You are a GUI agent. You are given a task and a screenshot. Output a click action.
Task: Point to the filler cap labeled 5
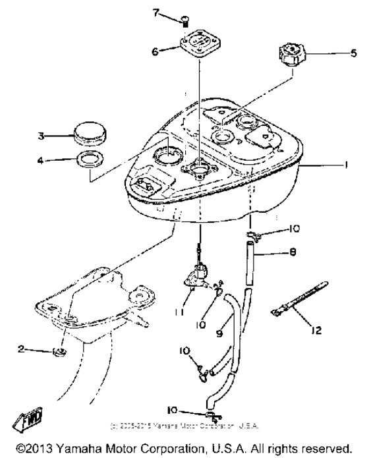291,53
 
